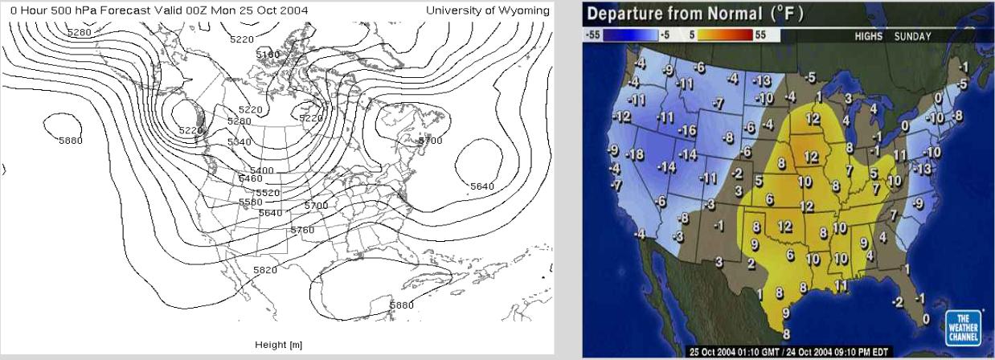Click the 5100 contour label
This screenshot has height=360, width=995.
[x=267, y=54]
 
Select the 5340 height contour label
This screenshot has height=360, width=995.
[x=240, y=141]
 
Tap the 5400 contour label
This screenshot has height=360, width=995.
[x=262, y=170]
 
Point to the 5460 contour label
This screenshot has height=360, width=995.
[x=252, y=178]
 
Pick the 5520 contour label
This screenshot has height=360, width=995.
[x=267, y=193]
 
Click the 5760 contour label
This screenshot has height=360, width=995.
[x=302, y=230]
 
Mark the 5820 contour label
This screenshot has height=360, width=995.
[x=264, y=270]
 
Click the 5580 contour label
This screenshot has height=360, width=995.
[x=251, y=202]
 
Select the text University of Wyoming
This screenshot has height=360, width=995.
[x=488, y=10]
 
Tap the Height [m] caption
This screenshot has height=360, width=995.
[x=277, y=345]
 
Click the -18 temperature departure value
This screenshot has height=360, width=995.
[x=636, y=153]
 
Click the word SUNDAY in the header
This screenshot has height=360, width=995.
[x=912, y=36]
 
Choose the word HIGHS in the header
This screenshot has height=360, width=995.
[x=870, y=36]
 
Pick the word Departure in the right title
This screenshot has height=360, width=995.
[x=629, y=14]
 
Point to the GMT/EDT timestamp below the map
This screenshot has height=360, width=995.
[x=788, y=352]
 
